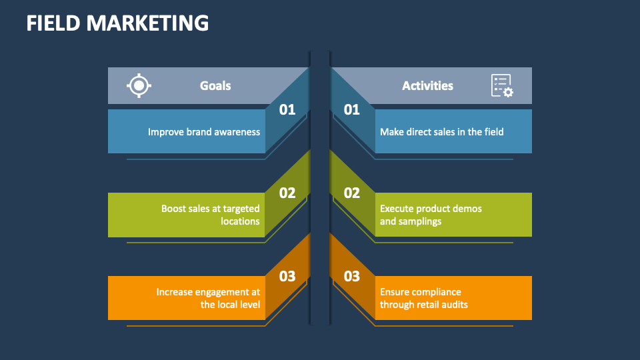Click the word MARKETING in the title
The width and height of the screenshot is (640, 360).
pyautogui.click(x=147, y=23)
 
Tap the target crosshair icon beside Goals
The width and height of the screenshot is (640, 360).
pyautogui.click(x=139, y=85)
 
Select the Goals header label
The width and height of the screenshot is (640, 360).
pyautogui.click(x=215, y=85)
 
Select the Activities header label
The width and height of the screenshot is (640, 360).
pyautogui.click(x=427, y=85)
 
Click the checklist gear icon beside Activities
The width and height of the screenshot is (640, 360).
pyautogui.click(x=502, y=86)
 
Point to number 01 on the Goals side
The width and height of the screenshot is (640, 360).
pyautogui.click(x=287, y=110)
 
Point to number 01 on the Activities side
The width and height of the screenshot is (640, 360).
pyautogui.click(x=352, y=110)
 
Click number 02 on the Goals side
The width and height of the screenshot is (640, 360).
pyautogui.click(x=287, y=193)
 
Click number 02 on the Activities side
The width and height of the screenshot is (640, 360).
pyautogui.click(x=352, y=193)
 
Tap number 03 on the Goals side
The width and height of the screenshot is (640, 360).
pyautogui.click(x=287, y=276)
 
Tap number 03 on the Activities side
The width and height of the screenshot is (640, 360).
pyautogui.click(x=352, y=276)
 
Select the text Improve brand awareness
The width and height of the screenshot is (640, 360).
pyautogui.click(x=204, y=132)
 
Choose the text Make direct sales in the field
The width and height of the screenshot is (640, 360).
pyautogui.click(x=441, y=132)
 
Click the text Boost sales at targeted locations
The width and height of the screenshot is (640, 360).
pyautogui.click(x=211, y=215)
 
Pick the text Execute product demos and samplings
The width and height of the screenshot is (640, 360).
pyautogui.click(x=431, y=215)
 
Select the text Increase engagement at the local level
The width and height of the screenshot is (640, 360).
pyautogui.click(x=209, y=298)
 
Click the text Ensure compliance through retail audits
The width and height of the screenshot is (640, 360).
pyautogui.click(x=424, y=298)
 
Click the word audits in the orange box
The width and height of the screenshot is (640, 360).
pyautogui.click(x=453, y=305)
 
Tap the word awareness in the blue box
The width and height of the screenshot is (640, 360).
pyautogui.click(x=237, y=132)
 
